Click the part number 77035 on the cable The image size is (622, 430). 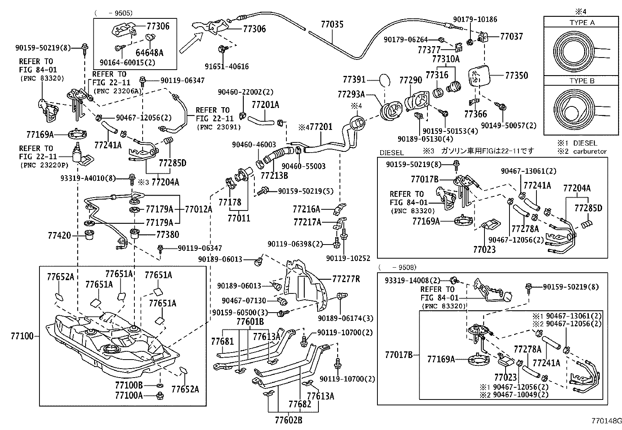(332, 25)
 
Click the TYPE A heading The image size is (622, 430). (582, 23)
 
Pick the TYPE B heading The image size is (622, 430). (582, 81)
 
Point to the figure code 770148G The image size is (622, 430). (606, 421)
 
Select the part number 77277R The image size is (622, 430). (346, 279)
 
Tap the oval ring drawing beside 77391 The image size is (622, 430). (384, 80)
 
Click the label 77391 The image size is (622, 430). (354, 80)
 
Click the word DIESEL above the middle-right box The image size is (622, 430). (391, 153)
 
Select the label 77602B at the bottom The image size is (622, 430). (288, 420)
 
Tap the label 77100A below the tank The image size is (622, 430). (129, 396)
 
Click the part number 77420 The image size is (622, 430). (59, 235)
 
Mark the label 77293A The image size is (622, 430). (351, 94)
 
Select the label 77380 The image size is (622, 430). (168, 235)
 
